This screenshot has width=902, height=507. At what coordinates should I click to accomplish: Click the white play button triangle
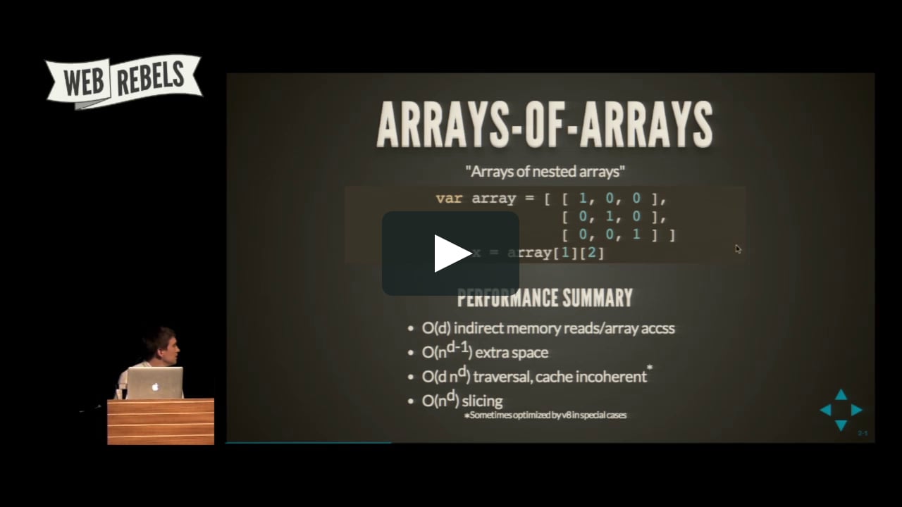(452, 254)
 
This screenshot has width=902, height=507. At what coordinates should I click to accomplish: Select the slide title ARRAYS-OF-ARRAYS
(544, 125)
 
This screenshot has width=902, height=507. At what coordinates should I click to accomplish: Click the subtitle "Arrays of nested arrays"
(545, 171)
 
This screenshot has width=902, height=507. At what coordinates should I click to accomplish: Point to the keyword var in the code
(449, 199)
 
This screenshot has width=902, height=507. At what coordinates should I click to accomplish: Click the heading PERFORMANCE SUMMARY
(545, 298)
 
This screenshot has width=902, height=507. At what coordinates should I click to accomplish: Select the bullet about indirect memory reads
(548, 328)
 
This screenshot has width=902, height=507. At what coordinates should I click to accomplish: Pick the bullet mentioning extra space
(485, 352)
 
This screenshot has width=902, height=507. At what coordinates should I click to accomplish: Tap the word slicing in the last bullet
(482, 401)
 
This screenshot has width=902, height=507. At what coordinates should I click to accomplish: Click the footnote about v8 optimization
(545, 415)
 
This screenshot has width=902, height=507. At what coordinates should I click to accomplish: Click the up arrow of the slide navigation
(841, 395)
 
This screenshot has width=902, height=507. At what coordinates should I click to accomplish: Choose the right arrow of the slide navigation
(856, 410)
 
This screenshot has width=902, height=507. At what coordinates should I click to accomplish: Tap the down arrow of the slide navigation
(841, 425)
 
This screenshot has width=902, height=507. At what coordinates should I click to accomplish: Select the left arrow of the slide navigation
(825, 410)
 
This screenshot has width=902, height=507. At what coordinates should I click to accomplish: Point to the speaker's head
(161, 344)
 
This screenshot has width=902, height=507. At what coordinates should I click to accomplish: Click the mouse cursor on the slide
(738, 249)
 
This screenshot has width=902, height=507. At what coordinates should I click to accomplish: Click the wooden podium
(161, 422)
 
